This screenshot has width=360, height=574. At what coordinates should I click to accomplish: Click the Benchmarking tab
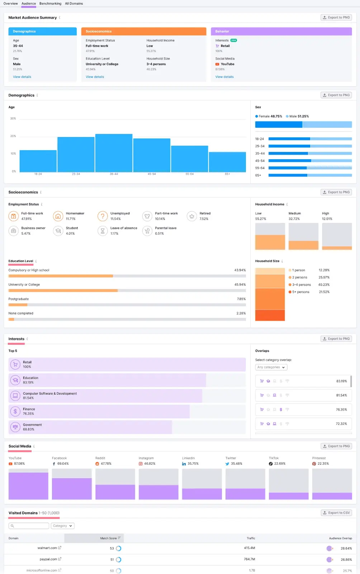click(50, 4)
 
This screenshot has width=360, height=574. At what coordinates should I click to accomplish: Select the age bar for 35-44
click(114, 153)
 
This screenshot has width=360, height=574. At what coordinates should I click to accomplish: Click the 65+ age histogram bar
click(227, 162)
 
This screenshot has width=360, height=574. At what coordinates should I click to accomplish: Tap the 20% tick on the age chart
click(13, 136)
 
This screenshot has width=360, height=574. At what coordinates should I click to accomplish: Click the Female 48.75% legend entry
click(269, 116)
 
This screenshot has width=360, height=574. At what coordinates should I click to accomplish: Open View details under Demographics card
click(22, 77)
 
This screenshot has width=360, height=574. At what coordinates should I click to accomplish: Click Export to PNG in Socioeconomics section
click(336, 192)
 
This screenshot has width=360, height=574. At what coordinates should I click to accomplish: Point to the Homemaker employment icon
click(58, 216)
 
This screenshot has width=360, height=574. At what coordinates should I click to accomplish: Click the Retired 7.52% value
click(204, 219)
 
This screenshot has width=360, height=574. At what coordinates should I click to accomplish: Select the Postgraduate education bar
click(18, 305)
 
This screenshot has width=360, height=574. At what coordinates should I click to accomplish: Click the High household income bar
click(337, 236)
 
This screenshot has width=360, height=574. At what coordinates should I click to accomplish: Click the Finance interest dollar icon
click(15, 411)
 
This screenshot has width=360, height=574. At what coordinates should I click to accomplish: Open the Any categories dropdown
click(271, 367)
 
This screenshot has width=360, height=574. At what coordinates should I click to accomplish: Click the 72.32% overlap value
click(341, 424)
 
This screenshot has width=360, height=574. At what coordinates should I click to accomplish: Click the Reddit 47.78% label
click(106, 464)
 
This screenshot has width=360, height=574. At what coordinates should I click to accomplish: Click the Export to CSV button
click(336, 513)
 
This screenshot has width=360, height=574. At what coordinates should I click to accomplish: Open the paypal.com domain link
click(48, 559)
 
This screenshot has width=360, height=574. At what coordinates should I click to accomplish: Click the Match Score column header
click(109, 538)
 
